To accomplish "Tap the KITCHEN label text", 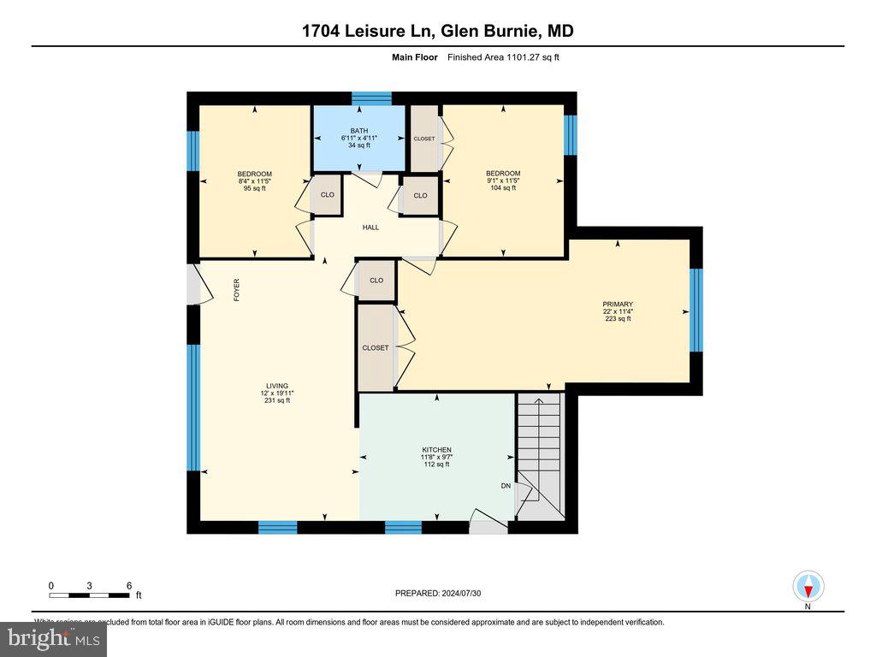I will pyautogui.click(x=436, y=450).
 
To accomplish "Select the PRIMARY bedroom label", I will pyautogui.click(x=617, y=304).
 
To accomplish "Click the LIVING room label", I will pyautogui.click(x=275, y=386).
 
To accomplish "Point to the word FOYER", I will pyautogui.click(x=238, y=290).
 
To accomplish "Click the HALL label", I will pyautogui.click(x=370, y=228).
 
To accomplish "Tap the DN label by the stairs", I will pyautogui.click(x=506, y=485).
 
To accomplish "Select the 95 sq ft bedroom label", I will pyautogui.click(x=255, y=175).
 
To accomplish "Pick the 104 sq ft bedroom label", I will pyautogui.click(x=503, y=174).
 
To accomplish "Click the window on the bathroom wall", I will pyautogui.click(x=371, y=98).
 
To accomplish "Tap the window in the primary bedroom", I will pyautogui.click(x=695, y=310).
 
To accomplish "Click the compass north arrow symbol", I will pyautogui.click(x=808, y=587).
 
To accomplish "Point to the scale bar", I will pyautogui.click(x=89, y=595).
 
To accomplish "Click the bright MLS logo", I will pyautogui.click(x=53, y=638).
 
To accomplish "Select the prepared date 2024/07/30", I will pyautogui.click(x=444, y=593).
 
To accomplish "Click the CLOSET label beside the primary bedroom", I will pyautogui.click(x=375, y=348).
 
